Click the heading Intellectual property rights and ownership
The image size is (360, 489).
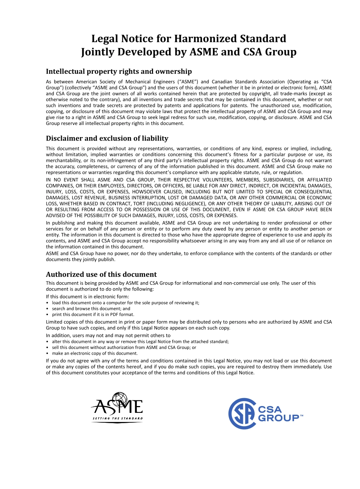[x=119, y=72]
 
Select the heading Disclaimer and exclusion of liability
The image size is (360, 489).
[x=107, y=138]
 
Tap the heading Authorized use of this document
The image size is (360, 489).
[x=101, y=274]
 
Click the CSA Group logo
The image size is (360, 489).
[x=265, y=414]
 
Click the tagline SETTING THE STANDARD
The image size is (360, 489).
[x=117, y=419]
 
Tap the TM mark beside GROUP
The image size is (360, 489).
[x=302, y=416]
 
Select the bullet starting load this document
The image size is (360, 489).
[x=125, y=303]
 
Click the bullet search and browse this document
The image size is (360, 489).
[x=86, y=309]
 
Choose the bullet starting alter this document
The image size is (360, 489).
[x=140, y=341]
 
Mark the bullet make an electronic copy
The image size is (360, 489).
[x=95, y=353]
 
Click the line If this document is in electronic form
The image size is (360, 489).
[x=88, y=297]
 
